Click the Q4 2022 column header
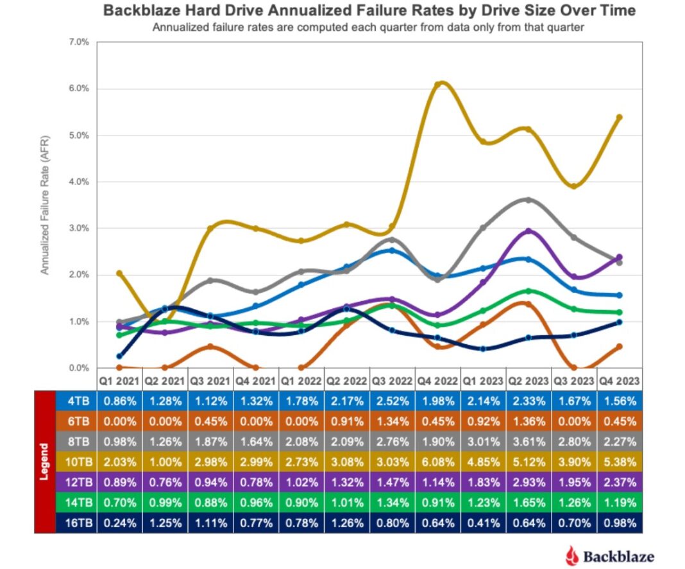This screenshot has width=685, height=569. pos(437,380)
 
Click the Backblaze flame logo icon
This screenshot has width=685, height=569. pos(571,554)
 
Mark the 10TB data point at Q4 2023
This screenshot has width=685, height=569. pos(619,118)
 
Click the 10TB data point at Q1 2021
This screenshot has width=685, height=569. pos(119,274)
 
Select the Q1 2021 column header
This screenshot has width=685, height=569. pos(120,380)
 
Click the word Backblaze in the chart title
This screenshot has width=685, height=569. pos(139,11)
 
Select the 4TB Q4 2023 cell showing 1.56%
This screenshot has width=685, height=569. pos(619,401)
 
